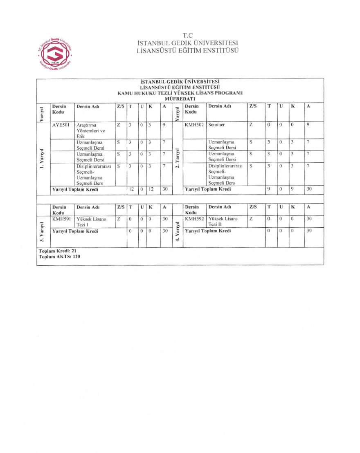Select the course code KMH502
tap(194, 124)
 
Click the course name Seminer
tap(217, 124)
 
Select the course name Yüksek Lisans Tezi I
tap(91, 222)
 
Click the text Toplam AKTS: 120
tap(59, 257)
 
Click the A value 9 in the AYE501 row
tap(163, 124)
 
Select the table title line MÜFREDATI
tap(180, 99)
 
